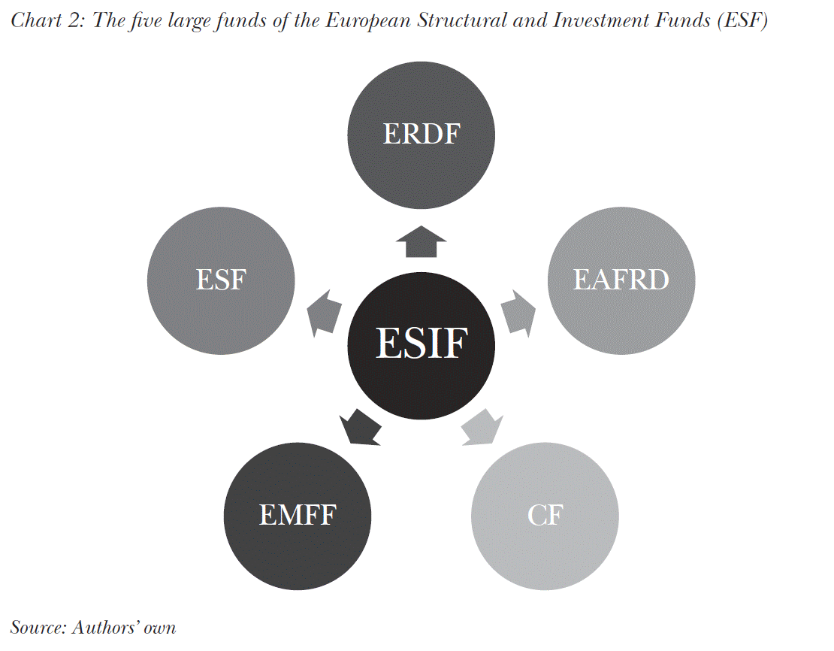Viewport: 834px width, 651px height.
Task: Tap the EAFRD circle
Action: (x=621, y=280)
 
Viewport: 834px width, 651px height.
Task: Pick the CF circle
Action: (x=545, y=516)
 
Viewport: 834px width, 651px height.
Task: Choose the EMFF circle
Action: (x=298, y=516)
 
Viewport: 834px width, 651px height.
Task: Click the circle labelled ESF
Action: (x=221, y=280)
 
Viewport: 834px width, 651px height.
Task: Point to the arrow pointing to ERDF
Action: (x=421, y=241)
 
